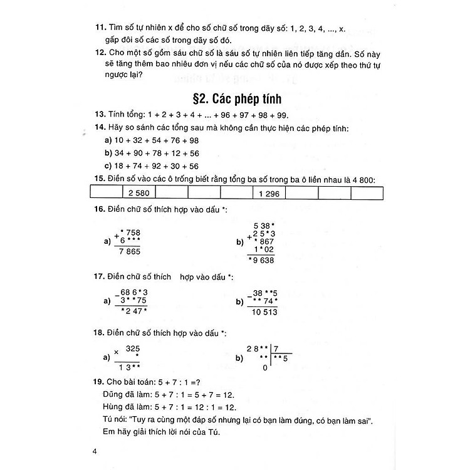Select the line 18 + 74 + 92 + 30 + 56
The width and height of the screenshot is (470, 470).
click(x=153, y=166)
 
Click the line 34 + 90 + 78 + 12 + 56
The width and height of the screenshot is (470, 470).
click(x=153, y=153)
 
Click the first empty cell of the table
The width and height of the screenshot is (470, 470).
click(x=105, y=194)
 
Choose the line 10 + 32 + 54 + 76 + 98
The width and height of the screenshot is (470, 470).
click(x=153, y=140)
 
